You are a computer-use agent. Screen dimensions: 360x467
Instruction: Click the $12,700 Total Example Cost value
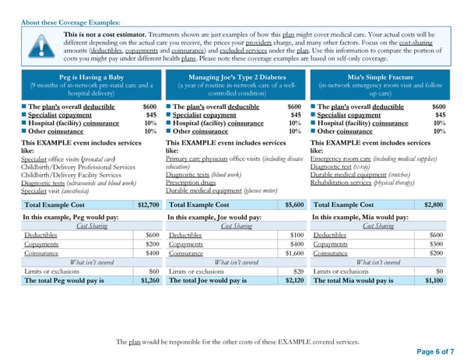point(148,204)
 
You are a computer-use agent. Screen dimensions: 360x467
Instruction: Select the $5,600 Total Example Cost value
point(293,204)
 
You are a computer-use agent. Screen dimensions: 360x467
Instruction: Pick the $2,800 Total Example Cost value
point(436,204)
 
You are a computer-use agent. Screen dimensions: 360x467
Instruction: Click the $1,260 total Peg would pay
point(148,280)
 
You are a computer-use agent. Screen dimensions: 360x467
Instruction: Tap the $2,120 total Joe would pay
point(293,280)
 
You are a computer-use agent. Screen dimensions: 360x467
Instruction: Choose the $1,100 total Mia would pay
point(436,280)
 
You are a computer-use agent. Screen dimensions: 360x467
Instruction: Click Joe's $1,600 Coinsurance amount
point(293,253)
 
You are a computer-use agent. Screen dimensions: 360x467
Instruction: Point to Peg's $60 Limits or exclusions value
point(153,271)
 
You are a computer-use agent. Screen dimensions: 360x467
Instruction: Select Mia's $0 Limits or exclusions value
point(441,271)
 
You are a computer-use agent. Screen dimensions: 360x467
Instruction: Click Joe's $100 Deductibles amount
point(296,235)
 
